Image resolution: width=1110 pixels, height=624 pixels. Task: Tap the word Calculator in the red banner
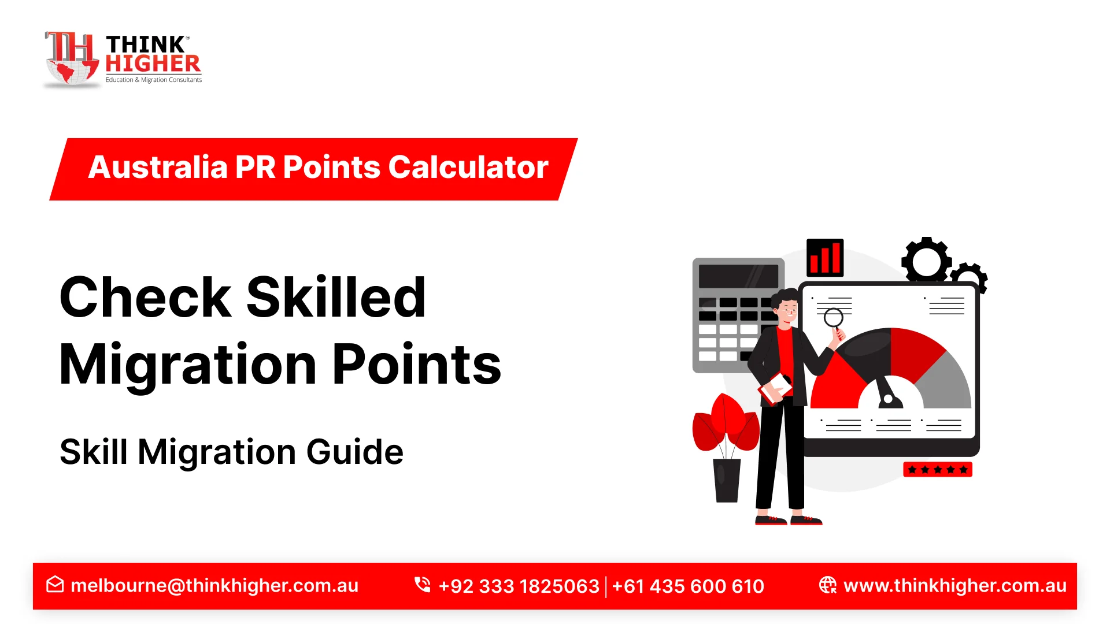468,168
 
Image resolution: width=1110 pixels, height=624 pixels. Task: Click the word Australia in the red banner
158,168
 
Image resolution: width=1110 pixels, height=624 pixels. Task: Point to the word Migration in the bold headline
188,365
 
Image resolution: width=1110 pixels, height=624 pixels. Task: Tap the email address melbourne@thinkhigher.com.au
214,586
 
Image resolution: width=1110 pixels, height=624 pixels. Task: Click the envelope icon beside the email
55,585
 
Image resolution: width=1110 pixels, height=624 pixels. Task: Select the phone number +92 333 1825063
519,586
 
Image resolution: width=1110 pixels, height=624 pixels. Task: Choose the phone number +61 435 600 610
688,586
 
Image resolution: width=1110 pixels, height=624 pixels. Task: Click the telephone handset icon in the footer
423,585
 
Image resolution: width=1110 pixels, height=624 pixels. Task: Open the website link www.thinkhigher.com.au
955,586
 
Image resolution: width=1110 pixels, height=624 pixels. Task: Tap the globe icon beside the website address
828,585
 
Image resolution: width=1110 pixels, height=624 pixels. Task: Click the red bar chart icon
825,258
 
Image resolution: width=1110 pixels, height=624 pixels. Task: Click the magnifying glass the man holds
834,318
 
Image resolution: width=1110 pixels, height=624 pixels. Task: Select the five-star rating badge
938,470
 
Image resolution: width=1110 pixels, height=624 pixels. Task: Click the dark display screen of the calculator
738,276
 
